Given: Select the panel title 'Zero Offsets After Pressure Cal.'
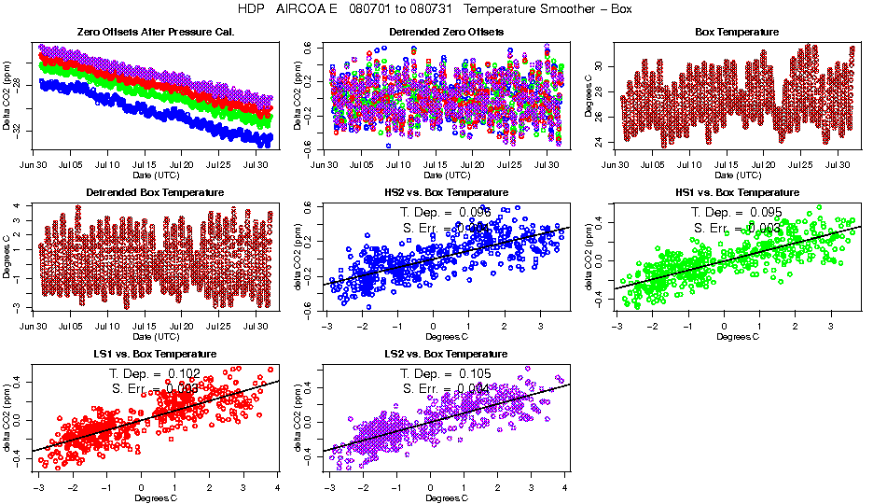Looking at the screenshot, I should [155, 33].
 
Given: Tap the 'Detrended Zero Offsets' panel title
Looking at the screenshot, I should [446, 33].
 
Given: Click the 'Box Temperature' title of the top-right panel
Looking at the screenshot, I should [737, 33].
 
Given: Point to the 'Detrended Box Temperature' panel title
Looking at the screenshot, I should [155, 193].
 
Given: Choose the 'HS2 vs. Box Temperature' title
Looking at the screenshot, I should [446, 193].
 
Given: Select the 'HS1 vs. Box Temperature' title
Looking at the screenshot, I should [737, 193].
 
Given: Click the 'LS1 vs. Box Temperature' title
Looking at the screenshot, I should [155, 355].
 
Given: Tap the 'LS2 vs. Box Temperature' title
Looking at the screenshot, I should [446, 355].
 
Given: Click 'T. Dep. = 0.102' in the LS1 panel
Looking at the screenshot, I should [155, 373].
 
